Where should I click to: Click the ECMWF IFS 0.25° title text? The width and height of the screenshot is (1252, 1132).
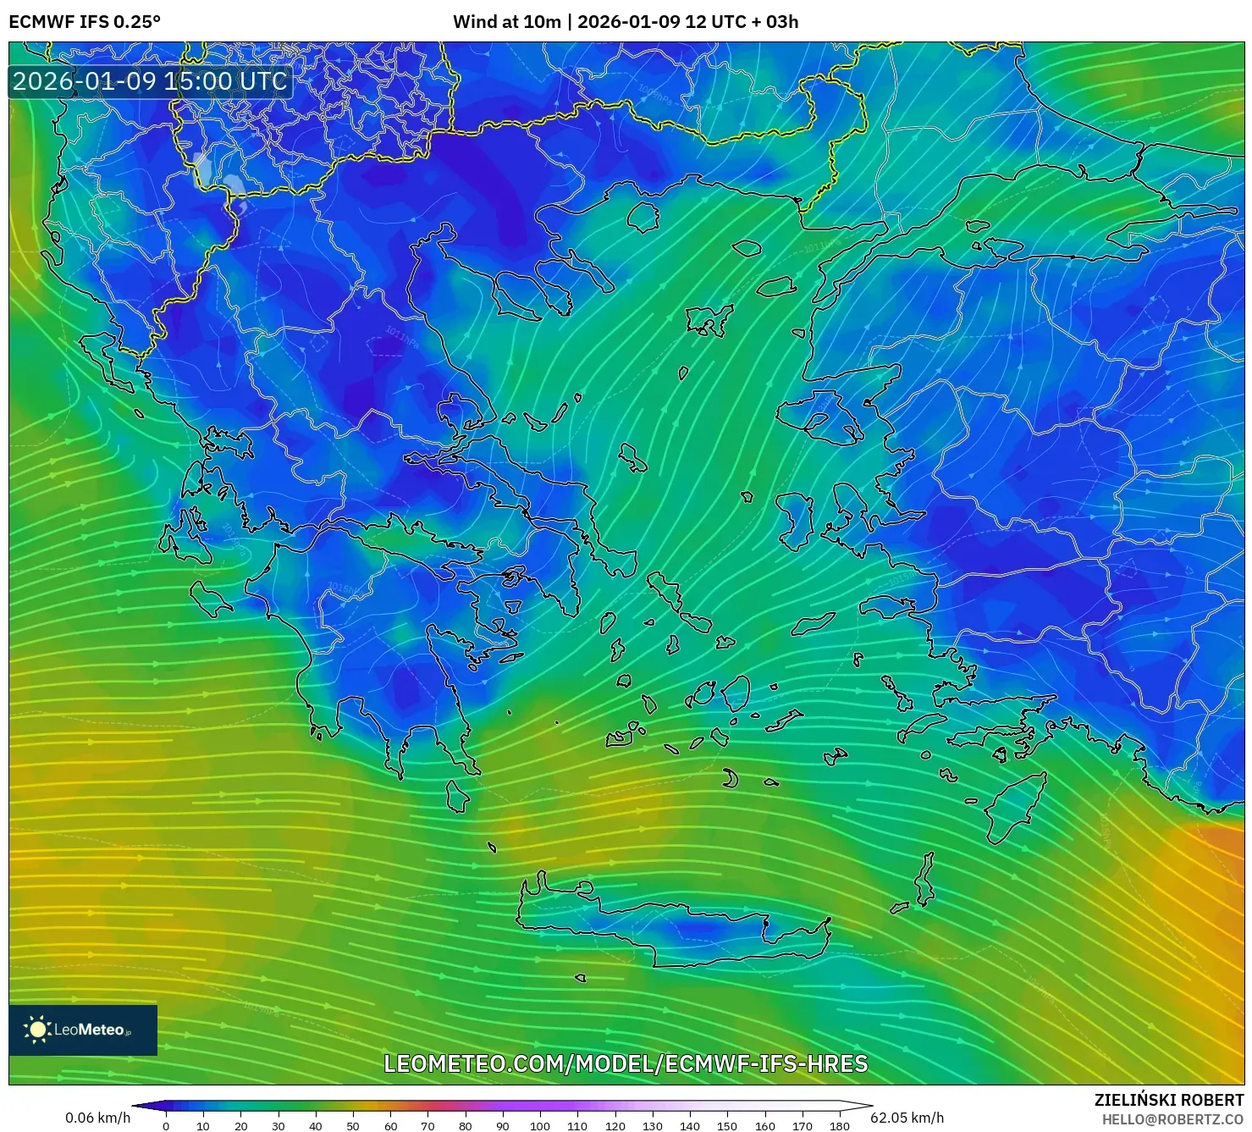[x=85, y=22]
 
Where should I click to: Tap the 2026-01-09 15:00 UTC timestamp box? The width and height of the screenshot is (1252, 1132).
[x=150, y=82]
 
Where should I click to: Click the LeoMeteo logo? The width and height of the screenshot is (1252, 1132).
[x=83, y=1030]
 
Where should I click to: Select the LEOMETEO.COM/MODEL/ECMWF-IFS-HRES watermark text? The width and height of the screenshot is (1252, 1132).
[x=626, y=1063]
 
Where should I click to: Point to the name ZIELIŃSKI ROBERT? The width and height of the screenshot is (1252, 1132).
[x=1168, y=1100]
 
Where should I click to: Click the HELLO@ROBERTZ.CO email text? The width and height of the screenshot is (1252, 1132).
[x=1172, y=1118]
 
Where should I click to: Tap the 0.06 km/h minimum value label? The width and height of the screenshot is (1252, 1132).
[x=97, y=1118]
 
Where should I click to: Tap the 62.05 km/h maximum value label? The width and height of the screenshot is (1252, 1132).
[x=907, y=1118]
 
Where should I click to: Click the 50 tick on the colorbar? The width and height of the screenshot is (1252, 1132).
[x=353, y=1126]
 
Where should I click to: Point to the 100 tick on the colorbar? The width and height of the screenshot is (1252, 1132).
[x=540, y=1126]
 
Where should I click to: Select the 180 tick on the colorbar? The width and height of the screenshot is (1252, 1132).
[x=840, y=1126]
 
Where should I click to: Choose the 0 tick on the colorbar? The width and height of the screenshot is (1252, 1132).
[x=166, y=1126]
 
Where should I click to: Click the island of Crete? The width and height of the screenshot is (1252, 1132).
[x=677, y=927]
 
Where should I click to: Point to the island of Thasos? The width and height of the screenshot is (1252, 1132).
[x=643, y=217]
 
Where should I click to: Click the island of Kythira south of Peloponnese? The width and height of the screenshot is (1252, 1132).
[x=457, y=796]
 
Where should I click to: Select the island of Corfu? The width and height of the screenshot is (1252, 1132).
[x=97, y=356]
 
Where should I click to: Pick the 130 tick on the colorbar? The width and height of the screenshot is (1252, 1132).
[x=652, y=1126]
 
